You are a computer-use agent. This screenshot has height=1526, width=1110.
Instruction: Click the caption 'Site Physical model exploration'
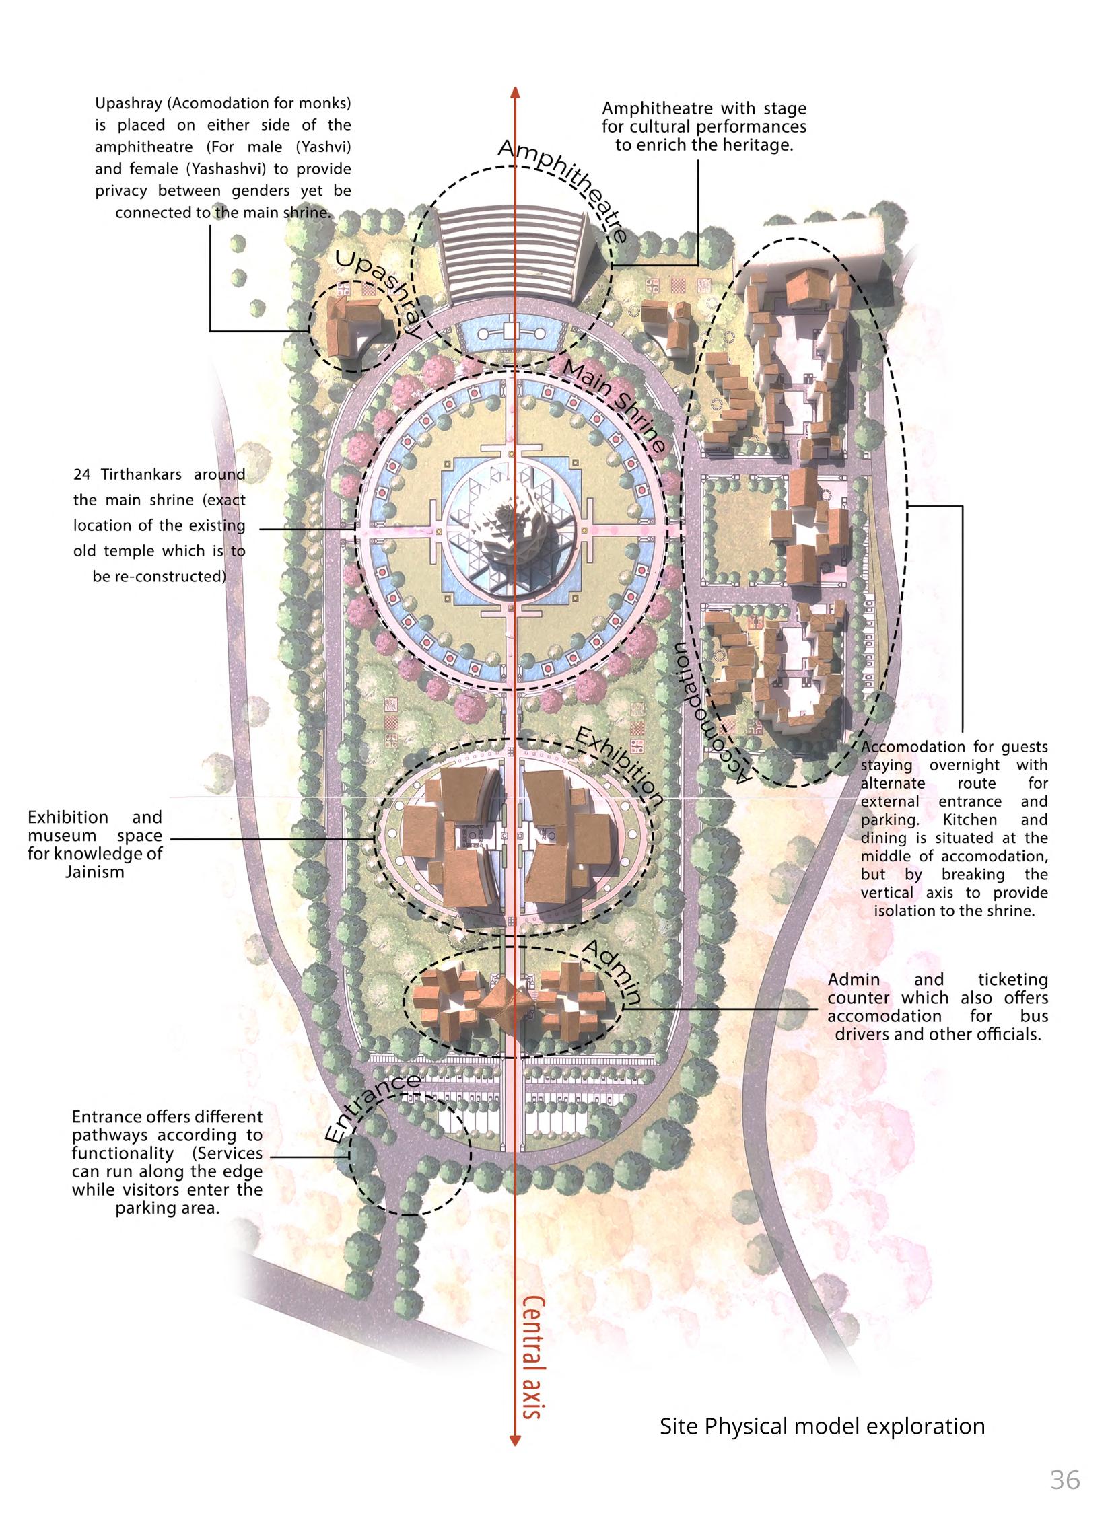point(822,1426)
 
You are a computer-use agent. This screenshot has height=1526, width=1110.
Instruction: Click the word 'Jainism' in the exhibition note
point(95,873)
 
